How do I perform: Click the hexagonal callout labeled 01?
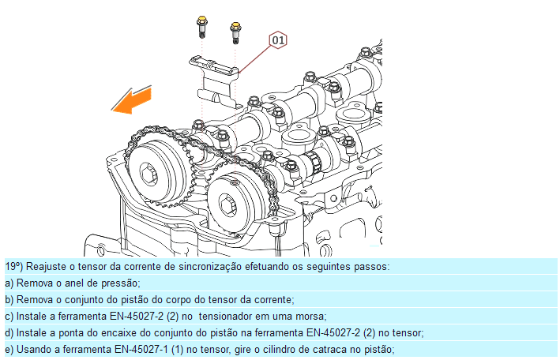point(278,40)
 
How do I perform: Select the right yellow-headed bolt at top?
point(235,32)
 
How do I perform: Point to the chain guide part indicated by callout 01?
point(216,81)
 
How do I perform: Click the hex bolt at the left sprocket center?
point(148,174)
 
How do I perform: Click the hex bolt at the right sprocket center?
point(227,206)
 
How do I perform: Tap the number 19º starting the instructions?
point(14,266)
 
